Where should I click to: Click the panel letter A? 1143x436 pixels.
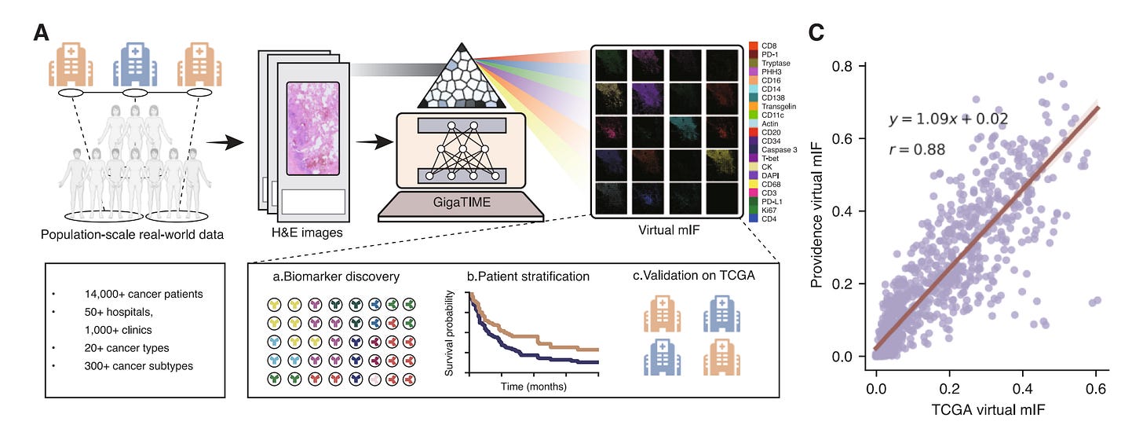coord(42,34)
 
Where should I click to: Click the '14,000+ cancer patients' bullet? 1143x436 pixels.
coord(144,294)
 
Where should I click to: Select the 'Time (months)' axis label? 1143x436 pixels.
coord(534,387)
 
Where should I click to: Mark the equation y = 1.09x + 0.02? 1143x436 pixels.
coord(948,119)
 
